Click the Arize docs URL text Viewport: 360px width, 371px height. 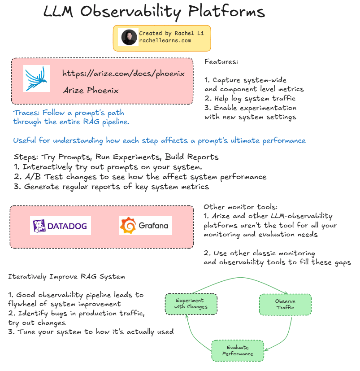[123, 74]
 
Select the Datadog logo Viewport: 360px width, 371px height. [61, 226]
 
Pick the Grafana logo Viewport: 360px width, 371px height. [146, 226]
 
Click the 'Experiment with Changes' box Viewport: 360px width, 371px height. [191, 304]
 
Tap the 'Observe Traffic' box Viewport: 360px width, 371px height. [285, 304]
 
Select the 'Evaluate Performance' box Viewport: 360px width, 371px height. [238, 350]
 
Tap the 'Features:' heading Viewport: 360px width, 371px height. [221, 62]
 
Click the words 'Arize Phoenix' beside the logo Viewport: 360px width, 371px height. [91, 91]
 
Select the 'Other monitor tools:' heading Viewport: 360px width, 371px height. [240, 207]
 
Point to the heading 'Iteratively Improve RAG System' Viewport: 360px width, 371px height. [66, 276]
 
